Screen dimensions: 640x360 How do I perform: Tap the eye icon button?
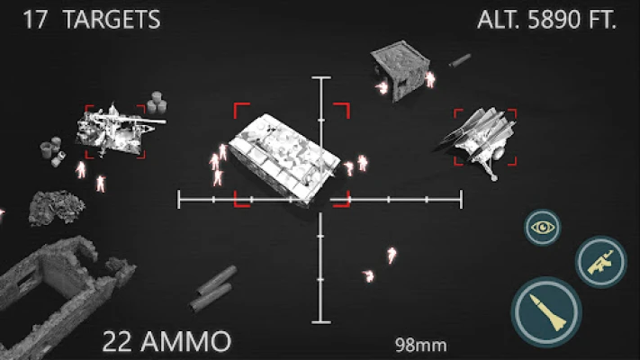point(543,228)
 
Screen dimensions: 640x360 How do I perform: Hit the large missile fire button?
point(546,311)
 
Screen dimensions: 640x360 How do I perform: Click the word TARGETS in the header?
point(112,20)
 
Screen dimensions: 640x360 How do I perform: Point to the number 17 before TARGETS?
point(35,20)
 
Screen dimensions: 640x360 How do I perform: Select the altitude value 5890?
point(554,19)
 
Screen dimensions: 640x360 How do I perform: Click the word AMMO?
point(185,341)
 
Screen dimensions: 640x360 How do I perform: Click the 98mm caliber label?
point(421,345)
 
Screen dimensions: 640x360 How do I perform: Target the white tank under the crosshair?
point(284,158)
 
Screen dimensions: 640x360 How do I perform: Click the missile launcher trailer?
point(478,139)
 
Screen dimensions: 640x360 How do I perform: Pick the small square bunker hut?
point(401,69)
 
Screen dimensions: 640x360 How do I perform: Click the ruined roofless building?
point(61,298)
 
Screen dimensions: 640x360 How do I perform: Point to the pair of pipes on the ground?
point(214,289)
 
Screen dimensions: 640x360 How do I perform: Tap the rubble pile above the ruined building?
point(57,207)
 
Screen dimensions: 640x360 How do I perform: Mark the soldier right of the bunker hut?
point(429,79)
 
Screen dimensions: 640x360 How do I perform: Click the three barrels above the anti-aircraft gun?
point(157,103)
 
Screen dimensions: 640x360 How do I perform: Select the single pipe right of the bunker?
point(460,60)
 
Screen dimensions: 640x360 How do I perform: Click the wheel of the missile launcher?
point(499,153)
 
